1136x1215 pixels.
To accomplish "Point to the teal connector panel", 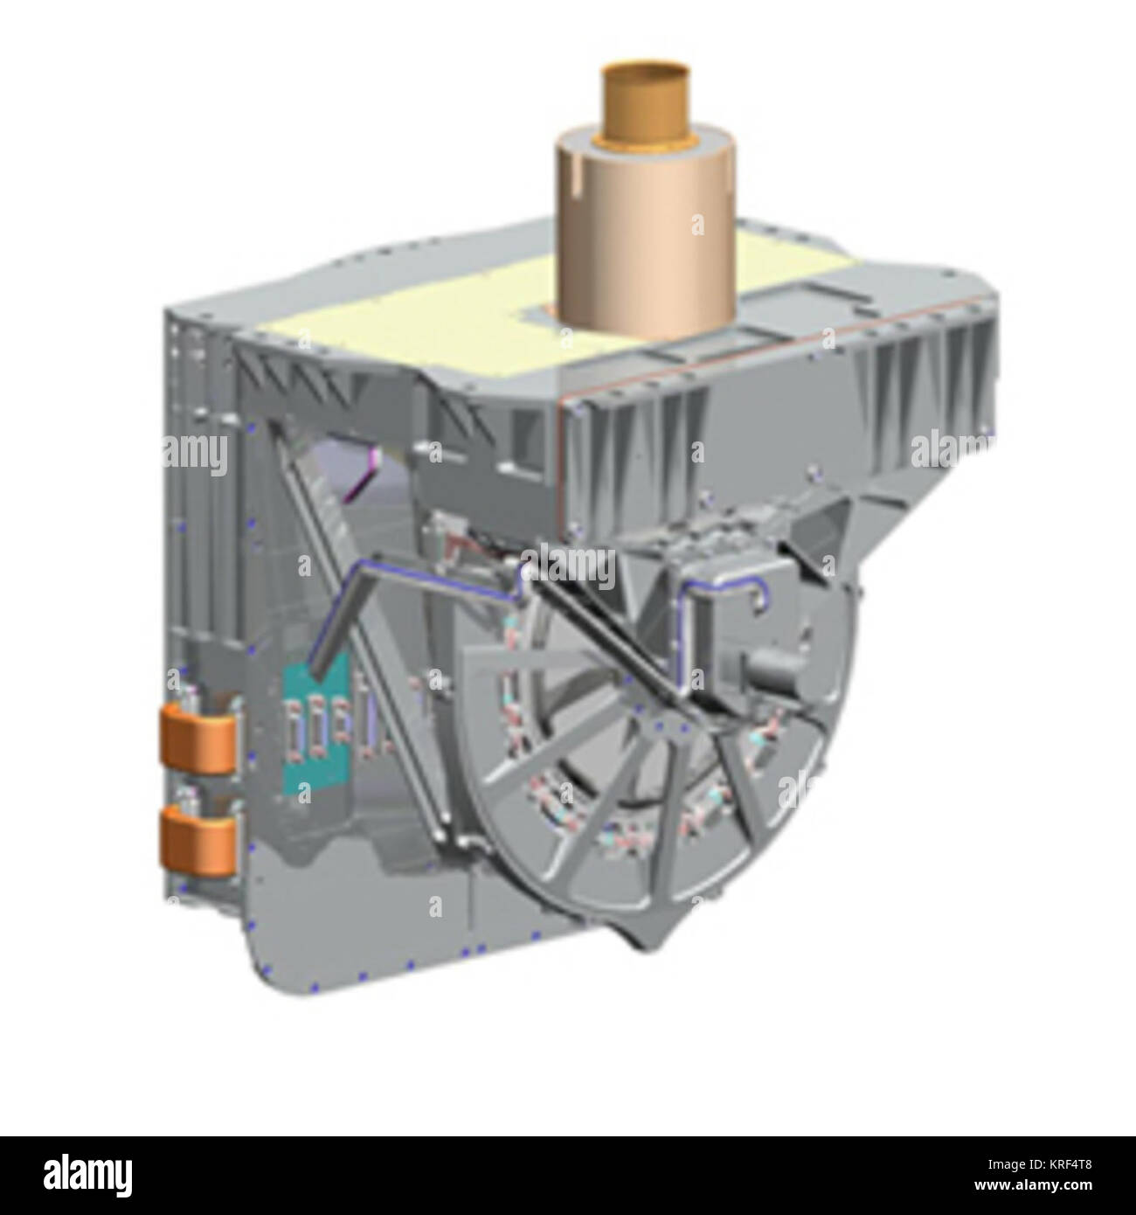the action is click(x=318, y=728).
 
